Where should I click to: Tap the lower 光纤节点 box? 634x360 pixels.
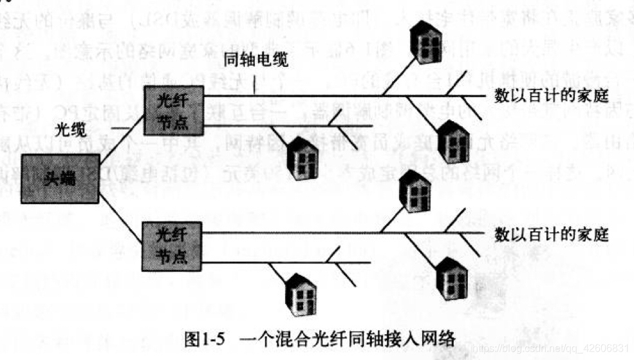(172, 245)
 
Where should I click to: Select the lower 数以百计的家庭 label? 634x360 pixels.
(551, 233)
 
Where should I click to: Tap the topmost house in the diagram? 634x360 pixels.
(425, 41)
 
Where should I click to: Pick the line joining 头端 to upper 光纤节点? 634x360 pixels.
(121, 132)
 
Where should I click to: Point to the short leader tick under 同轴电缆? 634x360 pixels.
(256, 84)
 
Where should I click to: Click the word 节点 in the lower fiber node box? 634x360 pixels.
(172, 256)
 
